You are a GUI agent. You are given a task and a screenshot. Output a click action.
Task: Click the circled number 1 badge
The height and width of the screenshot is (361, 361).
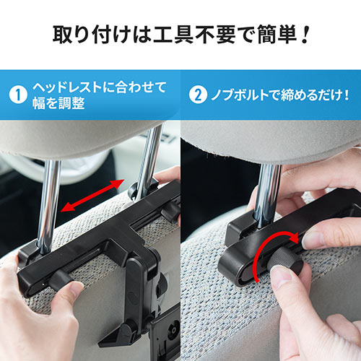click(18, 95)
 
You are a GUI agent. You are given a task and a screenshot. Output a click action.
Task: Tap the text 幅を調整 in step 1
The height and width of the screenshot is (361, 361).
click(59, 103)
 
